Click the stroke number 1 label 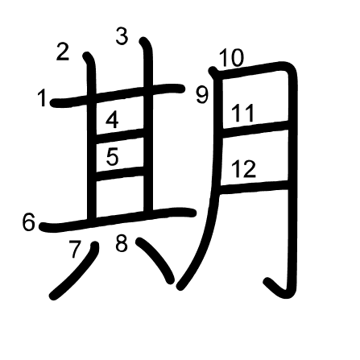[x=42, y=98]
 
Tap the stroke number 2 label [x=63, y=52]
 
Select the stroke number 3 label [x=122, y=36]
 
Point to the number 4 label [x=112, y=120]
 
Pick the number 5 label [x=113, y=157]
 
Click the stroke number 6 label [x=29, y=221]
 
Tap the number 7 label [x=75, y=249]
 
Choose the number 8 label [x=122, y=243]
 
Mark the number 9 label [x=202, y=95]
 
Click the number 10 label [x=232, y=58]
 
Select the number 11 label [x=242, y=113]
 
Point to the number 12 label [x=244, y=169]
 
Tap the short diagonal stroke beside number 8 [x=155, y=259]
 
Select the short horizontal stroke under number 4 [x=120, y=135]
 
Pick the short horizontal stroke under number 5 [x=120, y=173]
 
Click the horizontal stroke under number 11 [x=255, y=129]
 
